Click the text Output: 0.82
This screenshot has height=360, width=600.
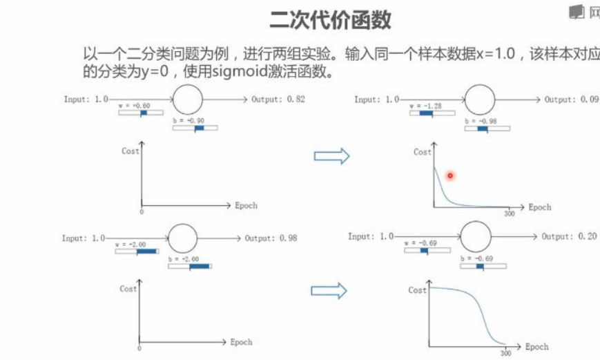[278, 100]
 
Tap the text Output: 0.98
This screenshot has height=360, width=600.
[271, 238]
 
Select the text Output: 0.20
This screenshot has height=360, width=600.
[568, 236]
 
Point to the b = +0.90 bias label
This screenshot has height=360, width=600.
[188, 121]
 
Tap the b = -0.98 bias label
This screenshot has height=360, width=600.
[481, 122]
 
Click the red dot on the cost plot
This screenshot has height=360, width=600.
[450, 176]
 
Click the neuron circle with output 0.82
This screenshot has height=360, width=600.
[187, 99]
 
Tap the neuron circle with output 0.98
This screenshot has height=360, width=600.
[183, 238]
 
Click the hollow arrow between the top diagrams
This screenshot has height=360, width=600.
[332, 156]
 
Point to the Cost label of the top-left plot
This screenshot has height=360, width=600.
[130, 151]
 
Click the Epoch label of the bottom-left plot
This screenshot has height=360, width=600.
[241, 342]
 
